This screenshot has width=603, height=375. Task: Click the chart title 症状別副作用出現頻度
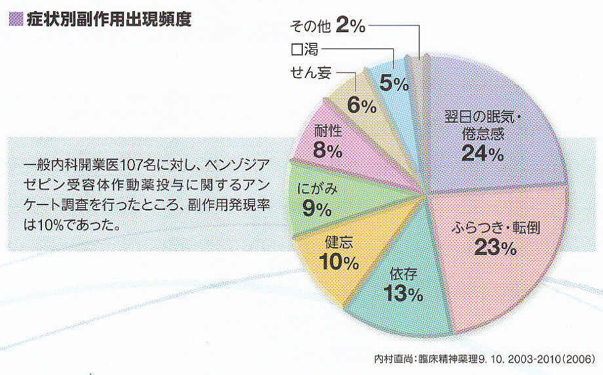pos(109,20)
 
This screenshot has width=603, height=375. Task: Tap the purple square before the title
pos(15,20)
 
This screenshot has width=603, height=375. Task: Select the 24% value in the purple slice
pos(482,153)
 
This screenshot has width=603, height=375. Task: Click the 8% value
pos(328,151)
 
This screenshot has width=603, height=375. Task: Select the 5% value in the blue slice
pos(395,83)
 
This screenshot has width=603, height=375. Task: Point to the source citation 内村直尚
pos(391,360)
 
